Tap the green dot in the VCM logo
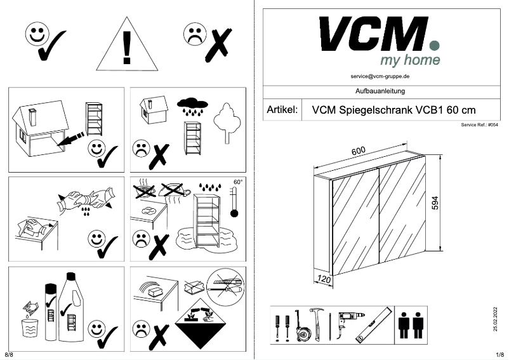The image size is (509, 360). [435, 45]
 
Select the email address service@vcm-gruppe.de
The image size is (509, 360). [380, 76]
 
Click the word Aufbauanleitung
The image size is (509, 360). [380, 91]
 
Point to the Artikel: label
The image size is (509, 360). [282, 109]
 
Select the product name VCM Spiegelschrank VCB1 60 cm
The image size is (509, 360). [394, 109]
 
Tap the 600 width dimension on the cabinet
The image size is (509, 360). [359, 152]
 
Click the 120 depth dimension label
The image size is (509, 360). [324, 279]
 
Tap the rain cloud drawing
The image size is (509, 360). [192, 104]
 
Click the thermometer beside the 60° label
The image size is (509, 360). [235, 203]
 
